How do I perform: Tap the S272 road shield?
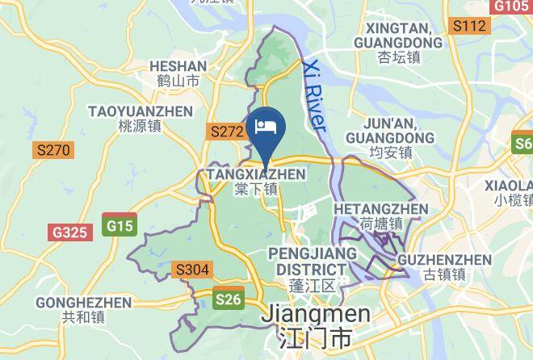(226, 130)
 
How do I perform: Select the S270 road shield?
(53, 150)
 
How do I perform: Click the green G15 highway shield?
(120, 225)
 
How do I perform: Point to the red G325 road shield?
(69, 232)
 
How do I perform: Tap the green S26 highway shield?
(229, 299)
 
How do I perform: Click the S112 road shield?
(469, 27)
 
